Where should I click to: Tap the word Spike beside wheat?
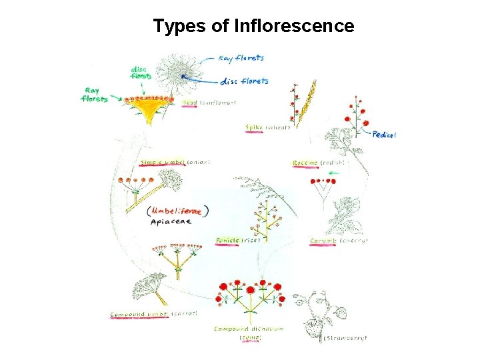coord(254,128)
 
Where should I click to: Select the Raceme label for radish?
coord(305,163)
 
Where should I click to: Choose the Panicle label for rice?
coord(227,240)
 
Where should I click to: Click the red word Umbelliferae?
coord(179,211)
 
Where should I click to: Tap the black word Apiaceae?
coord(171,222)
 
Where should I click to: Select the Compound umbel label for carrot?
coord(139,313)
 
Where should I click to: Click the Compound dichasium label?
coord(249,329)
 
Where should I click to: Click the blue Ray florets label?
coord(241,59)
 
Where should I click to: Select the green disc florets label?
coord(141,72)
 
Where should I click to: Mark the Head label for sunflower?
coord(189,103)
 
